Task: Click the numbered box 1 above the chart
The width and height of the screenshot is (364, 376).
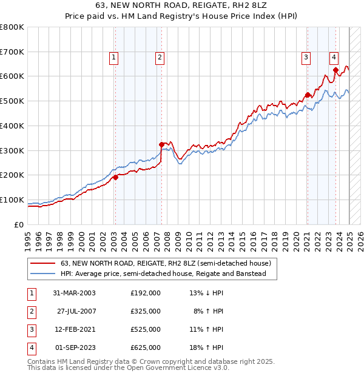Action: pyautogui.click(x=114, y=58)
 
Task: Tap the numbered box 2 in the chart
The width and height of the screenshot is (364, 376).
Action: pyautogui.click(x=160, y=58)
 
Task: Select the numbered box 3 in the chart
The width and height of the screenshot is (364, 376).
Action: pyautogui.click(x=306, y=58)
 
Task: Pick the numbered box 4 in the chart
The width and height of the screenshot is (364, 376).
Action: pyautogui.click(x=334, y=58)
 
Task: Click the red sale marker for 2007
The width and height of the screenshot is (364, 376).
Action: pyautogui.click(x=161, y=144)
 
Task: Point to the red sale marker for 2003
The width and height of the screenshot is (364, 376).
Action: pyautogui.click(x=115, y=177)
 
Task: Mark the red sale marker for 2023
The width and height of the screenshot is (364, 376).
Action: pyautogui.click(x=335, y=70)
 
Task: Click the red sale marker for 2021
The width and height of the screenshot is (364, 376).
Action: pyautogui.click(x=308, y=95)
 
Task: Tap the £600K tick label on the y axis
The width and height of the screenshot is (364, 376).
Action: pyautogui.click(x=12, y=76)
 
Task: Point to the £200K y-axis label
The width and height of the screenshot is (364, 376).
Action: pyautogui.click(x=12, y=175)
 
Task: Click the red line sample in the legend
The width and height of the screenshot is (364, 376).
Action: pyautogui.click(x=42, y=264)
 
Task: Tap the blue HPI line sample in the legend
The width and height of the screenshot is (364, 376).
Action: pyautogui.click(x=42, y=274)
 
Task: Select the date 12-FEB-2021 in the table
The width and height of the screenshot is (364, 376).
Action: pyautogui.click(x=75, y=329)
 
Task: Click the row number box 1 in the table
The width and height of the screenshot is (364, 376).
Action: pyautogui.click(x=31, y=293)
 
